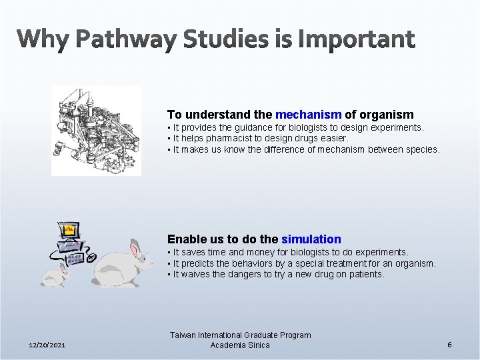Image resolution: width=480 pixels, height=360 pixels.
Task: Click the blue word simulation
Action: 311,239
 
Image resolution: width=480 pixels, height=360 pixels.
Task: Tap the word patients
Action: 366,274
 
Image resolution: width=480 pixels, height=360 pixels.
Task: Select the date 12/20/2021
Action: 48,345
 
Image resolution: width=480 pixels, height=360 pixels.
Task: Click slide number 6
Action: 450,345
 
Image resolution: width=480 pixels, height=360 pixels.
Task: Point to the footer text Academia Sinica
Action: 240,345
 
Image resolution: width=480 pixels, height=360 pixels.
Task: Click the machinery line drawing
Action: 96,130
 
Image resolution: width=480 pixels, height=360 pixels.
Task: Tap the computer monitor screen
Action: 69,231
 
